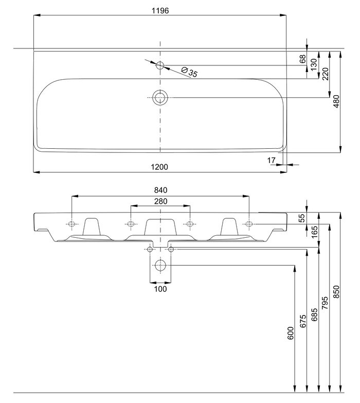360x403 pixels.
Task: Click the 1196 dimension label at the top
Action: [160, 10]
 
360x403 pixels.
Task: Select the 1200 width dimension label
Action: [159, 167]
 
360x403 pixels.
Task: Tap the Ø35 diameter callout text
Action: [189, 72]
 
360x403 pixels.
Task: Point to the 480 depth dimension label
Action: [336, 101]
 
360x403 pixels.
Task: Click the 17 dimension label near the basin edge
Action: [271, 161]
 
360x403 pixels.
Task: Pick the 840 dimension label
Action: [161, 190]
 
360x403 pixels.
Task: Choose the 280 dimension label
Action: [161, 201]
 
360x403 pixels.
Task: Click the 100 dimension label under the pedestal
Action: [160, 289]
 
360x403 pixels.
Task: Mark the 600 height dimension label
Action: [291, 333]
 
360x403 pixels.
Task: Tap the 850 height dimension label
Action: [336, 292]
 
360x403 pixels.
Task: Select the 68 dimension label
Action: [303, 59]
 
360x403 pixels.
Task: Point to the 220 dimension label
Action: [325, 74]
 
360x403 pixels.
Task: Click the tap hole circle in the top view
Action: [160, 65]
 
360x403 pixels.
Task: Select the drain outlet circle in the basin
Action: [160, 98]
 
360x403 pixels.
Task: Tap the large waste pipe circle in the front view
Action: [160, 265]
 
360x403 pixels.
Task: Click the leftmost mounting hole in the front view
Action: [72, 224]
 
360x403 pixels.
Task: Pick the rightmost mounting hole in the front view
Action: [249, 224]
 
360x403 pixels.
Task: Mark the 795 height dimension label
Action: [325, 303]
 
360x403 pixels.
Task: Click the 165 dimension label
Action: [314, 232]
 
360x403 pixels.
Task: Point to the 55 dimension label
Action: [302, 218]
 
